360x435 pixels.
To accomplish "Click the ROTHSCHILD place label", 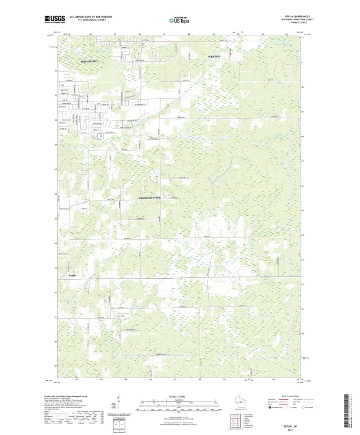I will tap(90, 62).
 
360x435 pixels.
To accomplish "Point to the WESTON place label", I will tap(214, 57).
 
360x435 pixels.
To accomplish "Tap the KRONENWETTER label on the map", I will tap(150, 198).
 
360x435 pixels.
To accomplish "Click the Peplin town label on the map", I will tap(73, 275).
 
